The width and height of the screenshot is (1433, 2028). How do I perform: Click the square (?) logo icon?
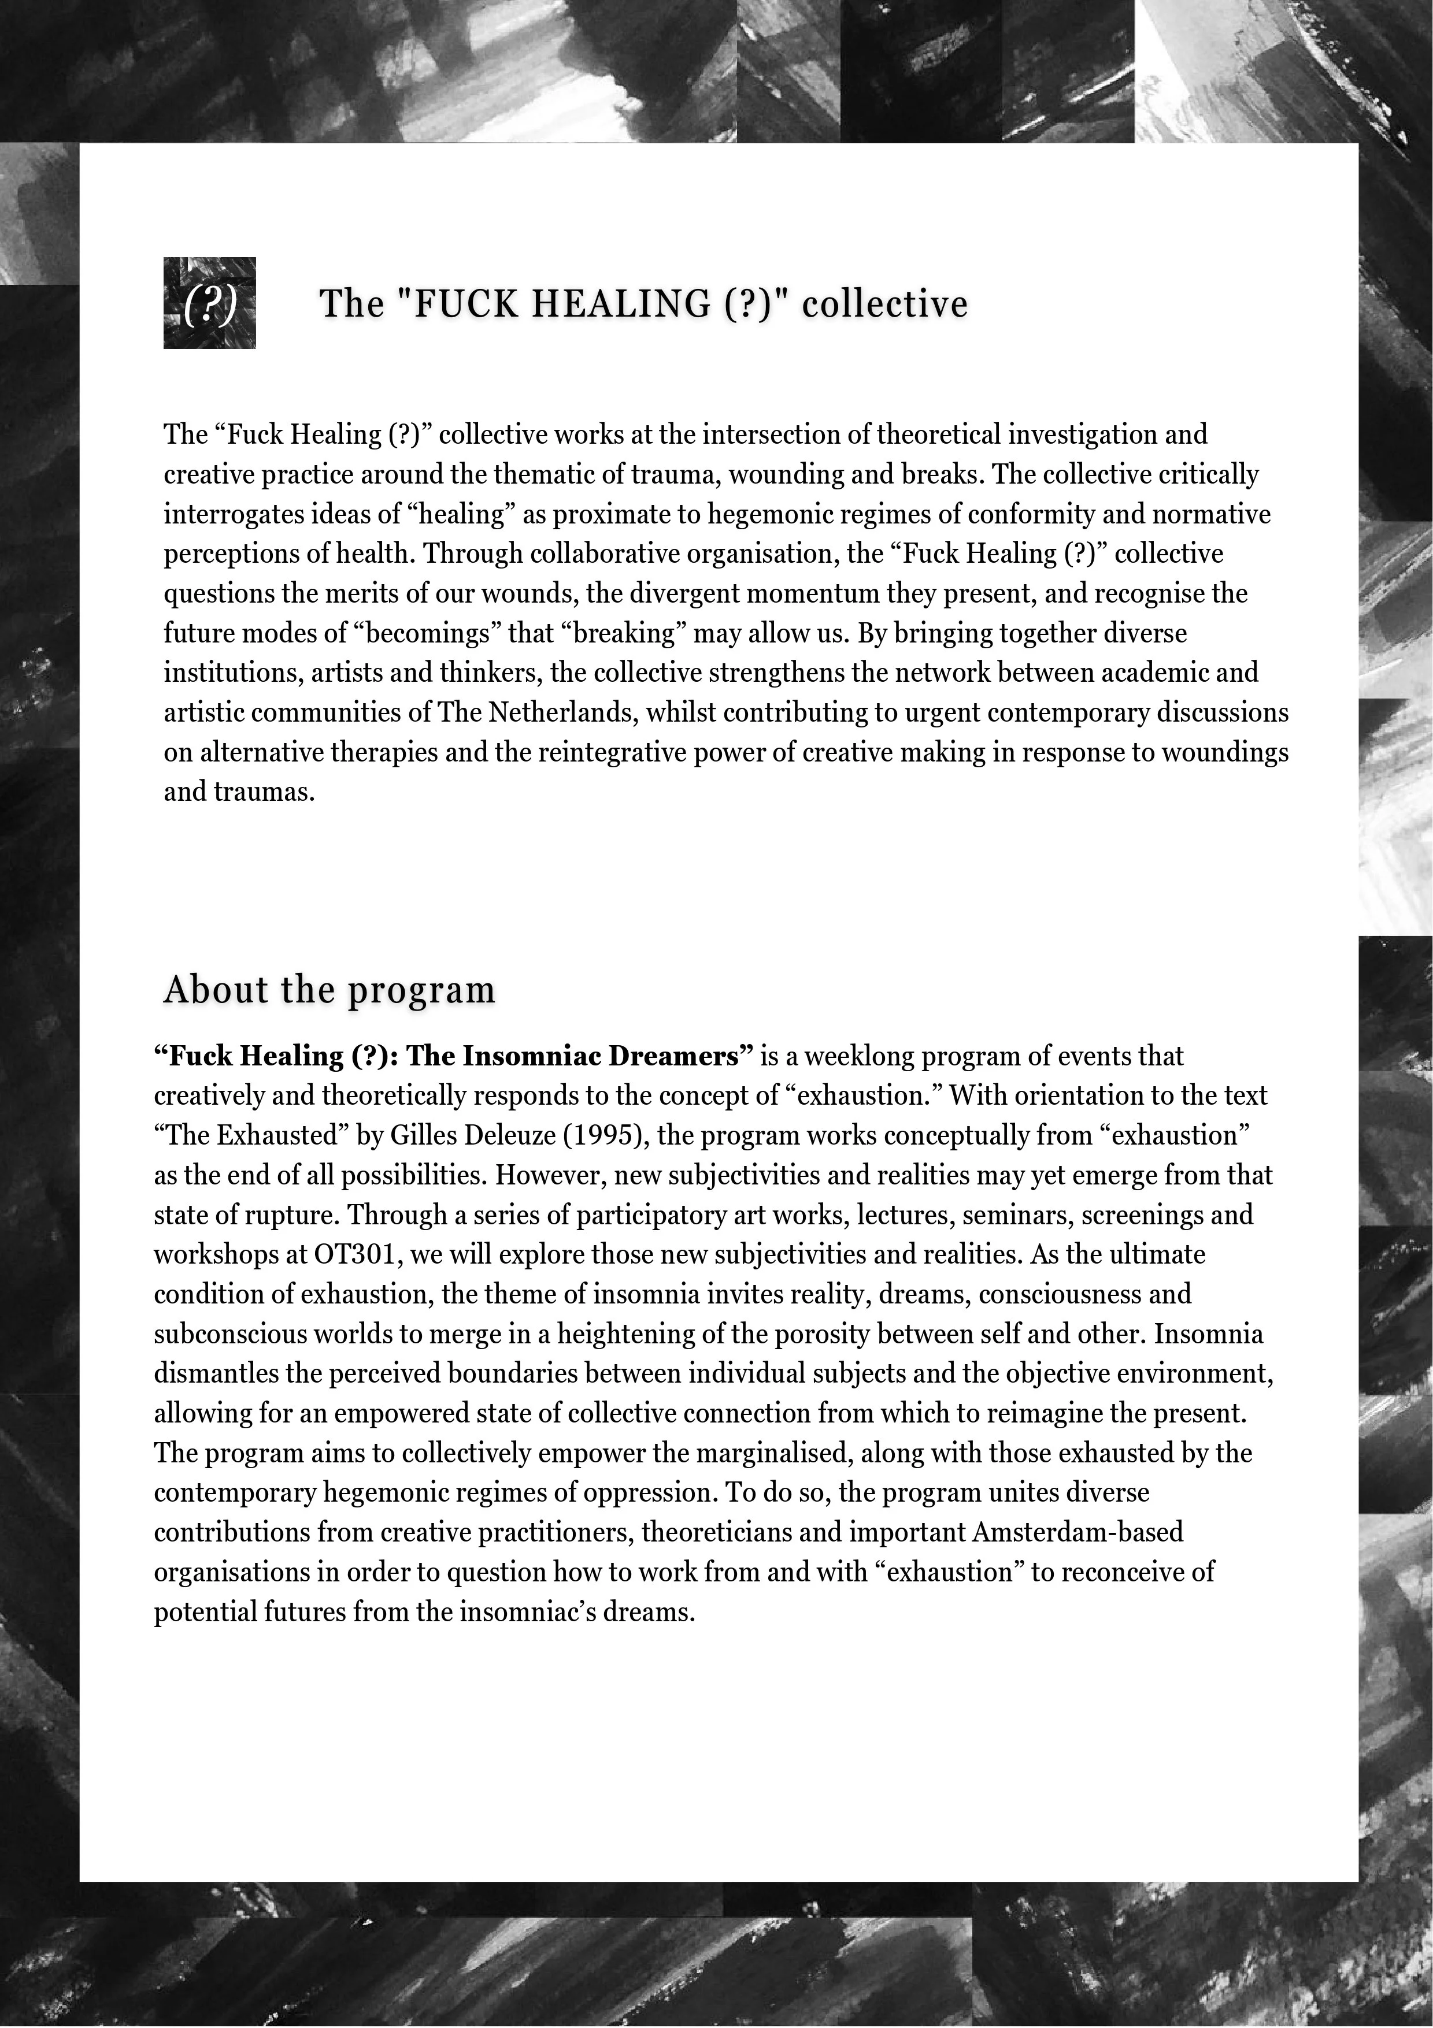[209, 303]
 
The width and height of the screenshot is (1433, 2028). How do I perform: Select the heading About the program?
[329, 989]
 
